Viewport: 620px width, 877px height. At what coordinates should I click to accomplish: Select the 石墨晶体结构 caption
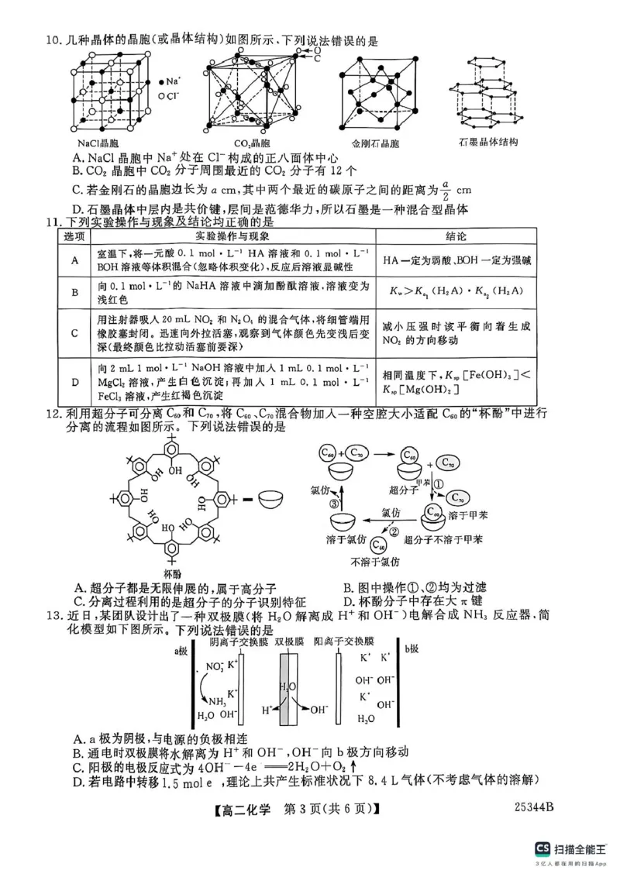(488, 143)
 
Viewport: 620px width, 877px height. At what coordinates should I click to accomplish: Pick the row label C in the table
(74, 333)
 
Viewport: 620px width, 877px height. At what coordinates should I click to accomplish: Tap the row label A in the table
(74, 261)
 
